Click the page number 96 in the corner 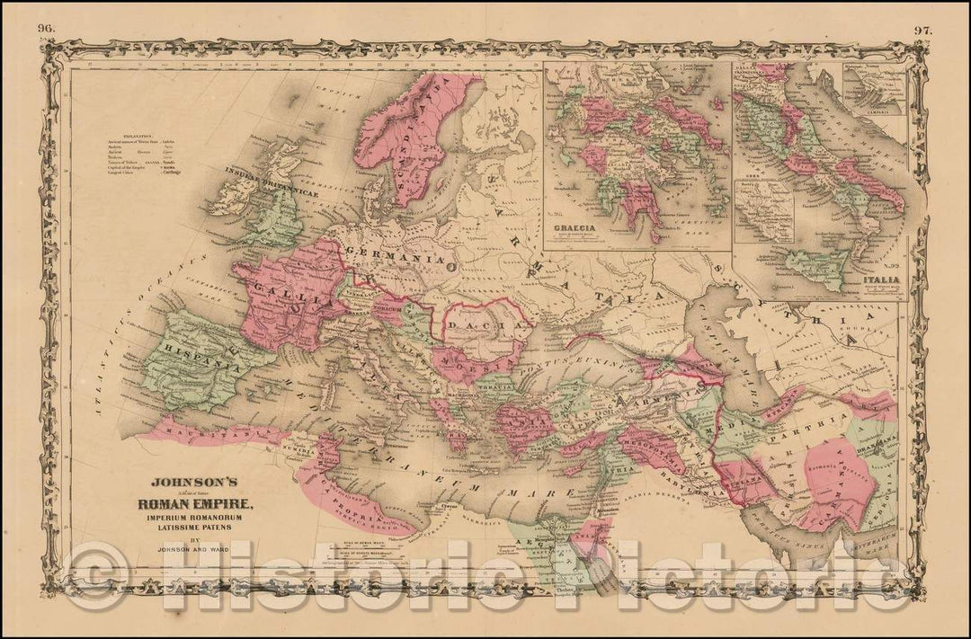45,29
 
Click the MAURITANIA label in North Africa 211,430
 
